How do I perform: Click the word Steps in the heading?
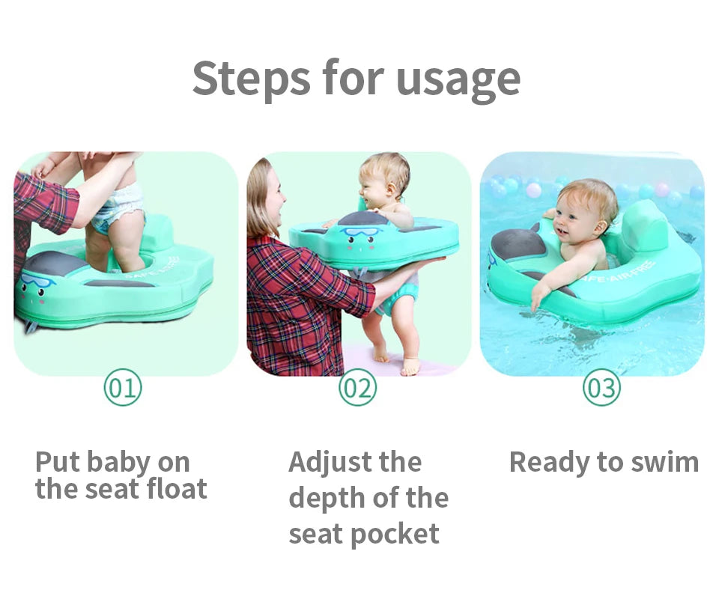coord(250,78)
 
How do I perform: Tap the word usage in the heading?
coord(458,79)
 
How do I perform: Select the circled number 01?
coord(122,388)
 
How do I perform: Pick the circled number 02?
coord(358,388)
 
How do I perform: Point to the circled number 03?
coord(601,388)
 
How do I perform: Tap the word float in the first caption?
coord(176,489)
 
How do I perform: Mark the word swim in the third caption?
coord(663,462)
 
